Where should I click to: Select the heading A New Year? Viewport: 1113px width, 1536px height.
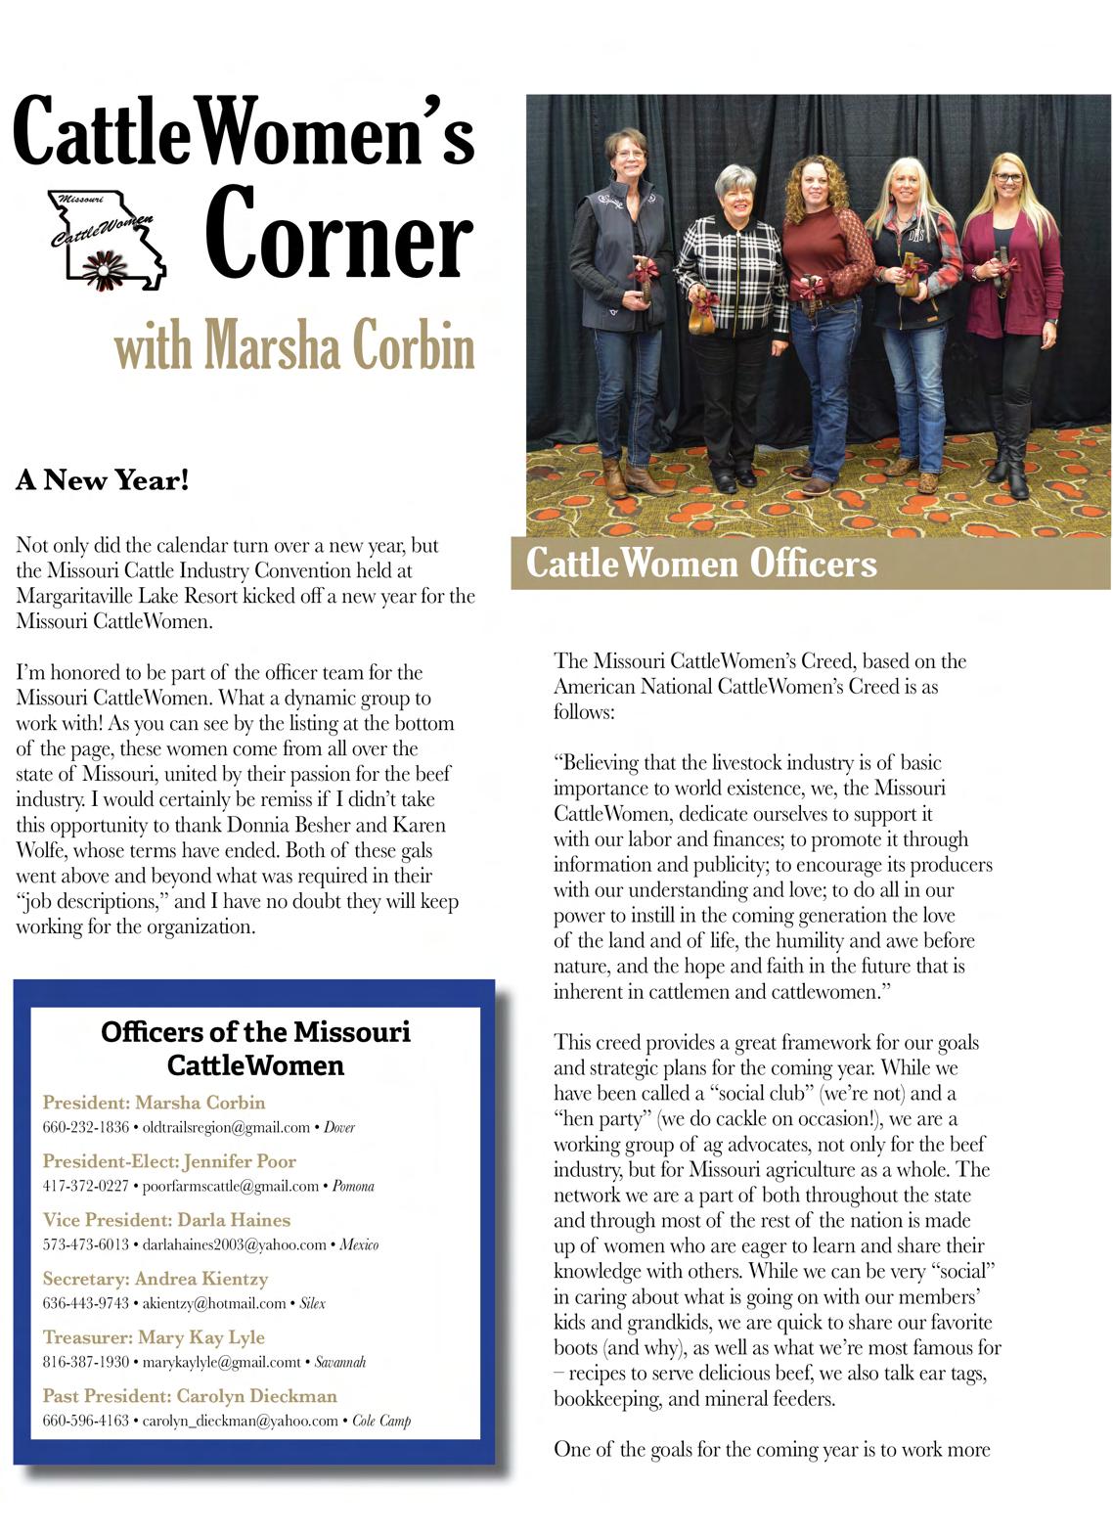tap(102, 480)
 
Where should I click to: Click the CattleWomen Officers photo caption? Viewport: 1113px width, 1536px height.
tap(701, 564)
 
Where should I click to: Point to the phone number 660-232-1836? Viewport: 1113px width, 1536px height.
tap(85, 1127)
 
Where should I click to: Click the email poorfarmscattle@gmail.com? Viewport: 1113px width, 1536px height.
tap(231, 1186)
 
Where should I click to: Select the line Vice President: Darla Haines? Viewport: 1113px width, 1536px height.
tap(166, 1220)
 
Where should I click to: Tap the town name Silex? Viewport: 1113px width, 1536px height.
tap(312, 1303)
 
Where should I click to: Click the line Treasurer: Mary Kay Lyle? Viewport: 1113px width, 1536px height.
tap(154, 1337)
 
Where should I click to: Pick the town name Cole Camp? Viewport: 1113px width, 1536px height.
tap(381, 1421)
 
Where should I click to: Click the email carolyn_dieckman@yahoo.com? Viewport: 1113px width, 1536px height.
tap(241, 1421)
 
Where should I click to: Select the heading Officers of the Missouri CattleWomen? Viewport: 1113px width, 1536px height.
tap(255, 1048)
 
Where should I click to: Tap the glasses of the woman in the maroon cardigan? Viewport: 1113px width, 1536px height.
tap(1005, 179)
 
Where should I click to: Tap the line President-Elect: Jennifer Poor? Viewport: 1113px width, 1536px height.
tap(169, 1161)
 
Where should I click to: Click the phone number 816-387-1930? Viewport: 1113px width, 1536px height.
tap(85, 1362)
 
